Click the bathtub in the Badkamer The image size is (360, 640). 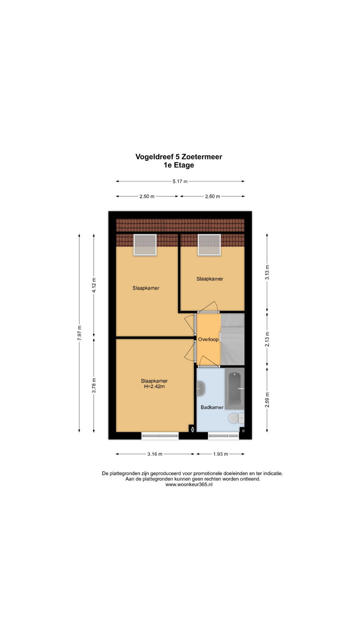235,388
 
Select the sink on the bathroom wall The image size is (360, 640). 200,388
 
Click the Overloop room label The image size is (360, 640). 208,339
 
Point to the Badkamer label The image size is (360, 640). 212,407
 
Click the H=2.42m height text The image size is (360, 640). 154,387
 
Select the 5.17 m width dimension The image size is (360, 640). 180,181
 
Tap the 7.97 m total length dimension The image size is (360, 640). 79,333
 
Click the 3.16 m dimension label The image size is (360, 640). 155,454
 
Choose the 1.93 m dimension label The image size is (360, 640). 221,454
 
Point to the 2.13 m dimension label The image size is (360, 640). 267,339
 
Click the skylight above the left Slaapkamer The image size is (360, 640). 145,245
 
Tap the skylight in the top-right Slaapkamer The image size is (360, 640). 209,245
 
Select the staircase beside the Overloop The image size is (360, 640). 233,339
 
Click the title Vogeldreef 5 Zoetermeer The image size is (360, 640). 179,157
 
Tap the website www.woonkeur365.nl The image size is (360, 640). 189,485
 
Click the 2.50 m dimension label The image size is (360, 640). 147,196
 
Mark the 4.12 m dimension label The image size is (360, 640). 94,285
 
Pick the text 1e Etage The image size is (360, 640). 179,165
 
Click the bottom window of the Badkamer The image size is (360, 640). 224,435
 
